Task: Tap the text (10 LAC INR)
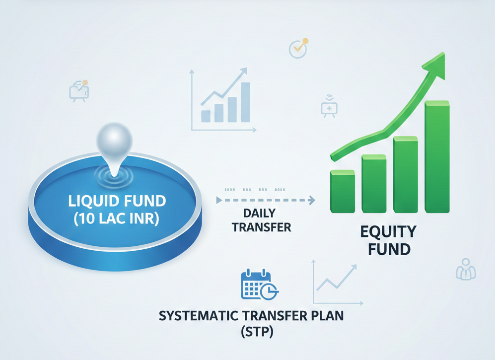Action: (117, 218)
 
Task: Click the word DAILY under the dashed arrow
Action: (260, 214)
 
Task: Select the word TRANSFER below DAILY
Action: (261, 227)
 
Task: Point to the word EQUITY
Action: (388, 232)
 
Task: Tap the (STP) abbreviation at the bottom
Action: (257, 332)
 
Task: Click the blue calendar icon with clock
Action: (259, 285)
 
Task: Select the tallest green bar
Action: (437, 156)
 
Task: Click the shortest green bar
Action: (343, 191)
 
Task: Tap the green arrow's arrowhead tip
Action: (444, 53)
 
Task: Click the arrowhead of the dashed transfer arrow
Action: (312, 200)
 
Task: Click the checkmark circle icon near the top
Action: (298, 49)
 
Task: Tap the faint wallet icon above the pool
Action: (79, 91)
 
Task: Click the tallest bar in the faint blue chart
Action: (245, 102)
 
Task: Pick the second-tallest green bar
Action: (405, 175)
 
